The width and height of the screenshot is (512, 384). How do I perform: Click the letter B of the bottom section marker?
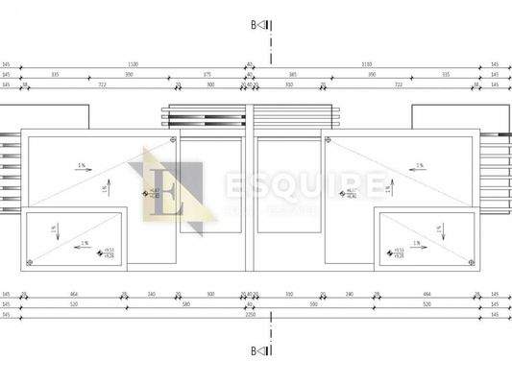point(255,352)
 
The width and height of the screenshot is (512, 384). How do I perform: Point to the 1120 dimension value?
point(133,64)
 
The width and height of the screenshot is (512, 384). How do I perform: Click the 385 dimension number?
point(293,74)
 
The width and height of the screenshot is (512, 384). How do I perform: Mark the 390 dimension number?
point(372,74)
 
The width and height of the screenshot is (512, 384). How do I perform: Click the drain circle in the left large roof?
point(172,141)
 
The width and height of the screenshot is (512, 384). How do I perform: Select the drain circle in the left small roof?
point(30,261)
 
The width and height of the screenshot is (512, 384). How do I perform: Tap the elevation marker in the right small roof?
point(393,254)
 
